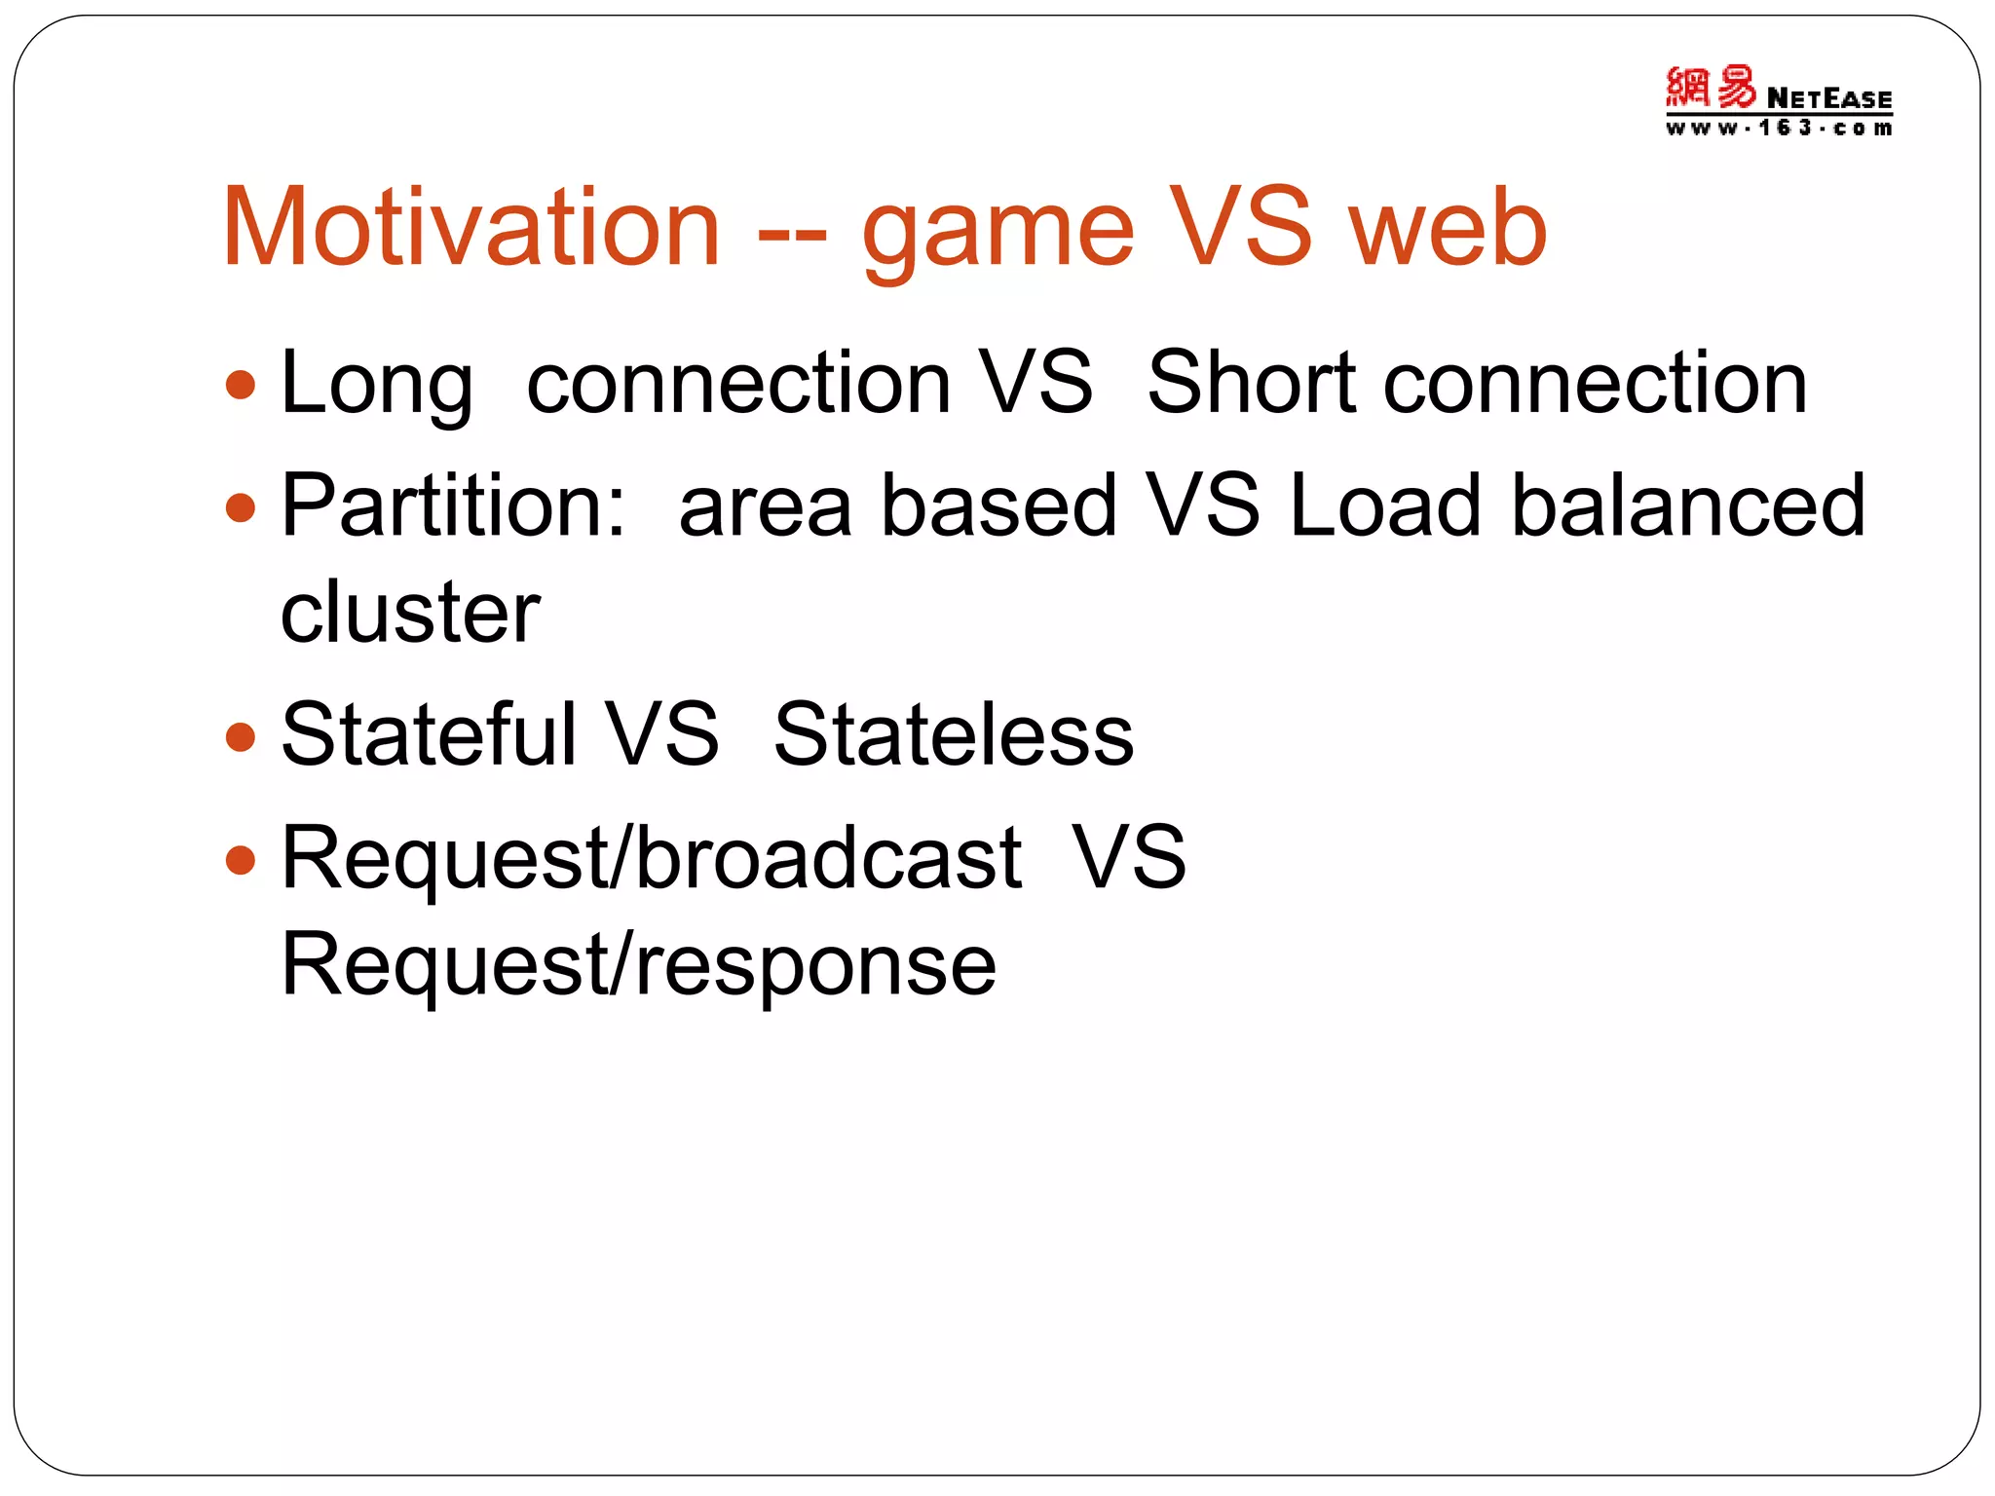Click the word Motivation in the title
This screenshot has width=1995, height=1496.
pyautogui.click(x=471, y=228)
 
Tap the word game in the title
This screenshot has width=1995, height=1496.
pyautogui.click(x=998, y=234)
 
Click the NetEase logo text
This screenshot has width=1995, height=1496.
pyautogui.click(x=1828, y=98)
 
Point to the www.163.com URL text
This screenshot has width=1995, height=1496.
pyautogui.click(x=1778, y=129)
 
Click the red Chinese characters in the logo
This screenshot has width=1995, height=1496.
pyautogui.click(x=1711, y=88)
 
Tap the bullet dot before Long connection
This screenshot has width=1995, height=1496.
pyautogui.click(x=241, y=385)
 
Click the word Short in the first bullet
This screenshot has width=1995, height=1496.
pyautogui.click(x=1251, y=382)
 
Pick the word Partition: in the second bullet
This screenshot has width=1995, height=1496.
pyautogui.click(x=453, y=505)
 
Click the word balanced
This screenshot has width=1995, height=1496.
pyautogui.click(x=1687, y=505)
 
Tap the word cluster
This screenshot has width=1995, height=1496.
pyautogui.click(x=409, y=612)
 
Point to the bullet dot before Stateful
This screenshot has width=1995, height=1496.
pyautogui.click(x=241, y=737)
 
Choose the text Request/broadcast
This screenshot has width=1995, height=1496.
pyautogui.click(x=651, y=859)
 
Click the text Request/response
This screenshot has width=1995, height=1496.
pyautogui.click(x=638, y=965)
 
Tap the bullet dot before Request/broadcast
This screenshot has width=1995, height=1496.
pyautogui.click(x=241, y=860)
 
